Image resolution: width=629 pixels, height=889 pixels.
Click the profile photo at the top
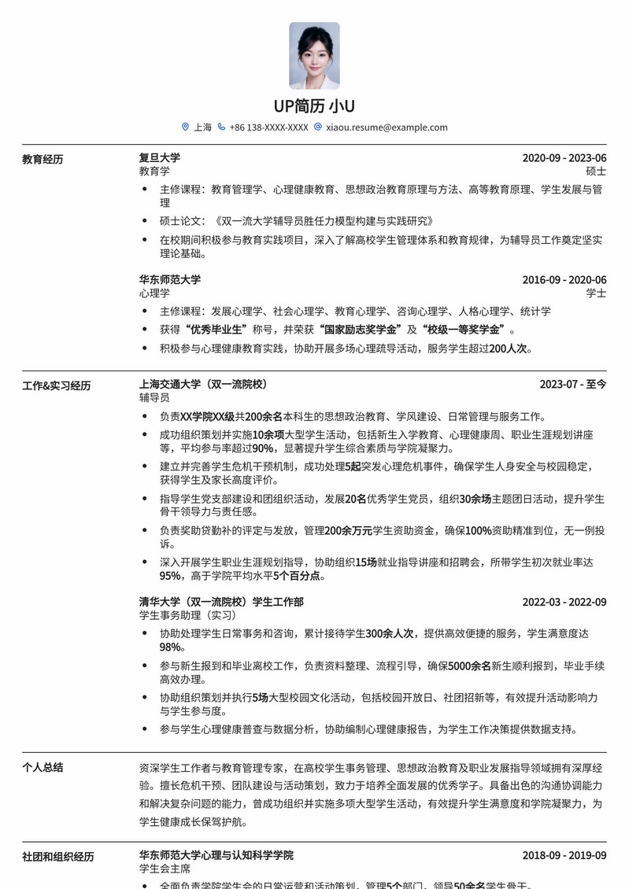tap(314, 55)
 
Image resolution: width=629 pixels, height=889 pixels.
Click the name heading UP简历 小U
tap(314, 106)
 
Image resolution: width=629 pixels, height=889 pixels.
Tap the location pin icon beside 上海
tap(185, 127)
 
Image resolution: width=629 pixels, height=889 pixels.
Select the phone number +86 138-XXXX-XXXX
tap(268, 127)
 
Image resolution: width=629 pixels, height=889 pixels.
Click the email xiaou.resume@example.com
tap(387, 127)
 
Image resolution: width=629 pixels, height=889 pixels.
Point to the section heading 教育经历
tap(43, 160)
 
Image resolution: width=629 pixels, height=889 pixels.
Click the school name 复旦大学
tap(160, 158)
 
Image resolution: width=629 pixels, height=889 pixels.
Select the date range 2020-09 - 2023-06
tap(564, 158)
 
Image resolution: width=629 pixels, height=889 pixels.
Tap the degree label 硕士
tap(596, 172)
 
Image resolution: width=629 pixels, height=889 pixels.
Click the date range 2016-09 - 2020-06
tap(564, 280)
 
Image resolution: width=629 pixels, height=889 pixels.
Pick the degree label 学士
tap(596, 293)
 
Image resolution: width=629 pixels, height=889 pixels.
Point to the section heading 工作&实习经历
tap(56, 386)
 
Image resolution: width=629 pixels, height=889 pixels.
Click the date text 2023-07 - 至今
tap(573, 385)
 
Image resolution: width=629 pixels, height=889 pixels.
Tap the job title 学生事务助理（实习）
tap(187, 615)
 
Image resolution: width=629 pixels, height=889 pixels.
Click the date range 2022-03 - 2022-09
tap(564, 603)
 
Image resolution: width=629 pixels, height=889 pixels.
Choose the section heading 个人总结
tap(43, 768)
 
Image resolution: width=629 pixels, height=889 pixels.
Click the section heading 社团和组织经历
tap(58, 857)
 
